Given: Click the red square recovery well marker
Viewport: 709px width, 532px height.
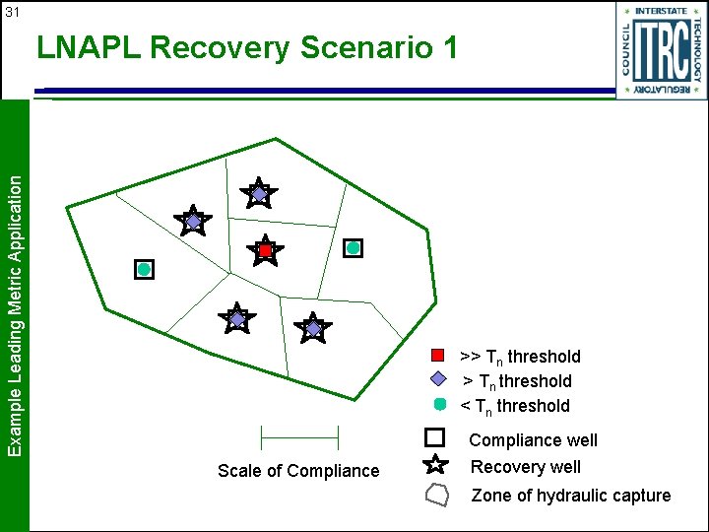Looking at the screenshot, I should (x=265, y=251).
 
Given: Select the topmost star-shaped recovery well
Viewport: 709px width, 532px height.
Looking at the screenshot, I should (x=258, y=194).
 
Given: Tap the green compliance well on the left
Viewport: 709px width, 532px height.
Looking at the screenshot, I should (x=144, y=269).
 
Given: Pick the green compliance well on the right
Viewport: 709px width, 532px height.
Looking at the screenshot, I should (x=353, y=248).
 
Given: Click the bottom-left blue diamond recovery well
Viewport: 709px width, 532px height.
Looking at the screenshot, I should (x=236, y=319).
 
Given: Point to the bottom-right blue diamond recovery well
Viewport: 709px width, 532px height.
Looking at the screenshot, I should (x=313, y=328).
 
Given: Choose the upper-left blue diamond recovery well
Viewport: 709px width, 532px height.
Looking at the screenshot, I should (x=193, y=222).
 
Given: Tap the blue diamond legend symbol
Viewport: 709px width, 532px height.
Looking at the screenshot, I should (x=439, y=379).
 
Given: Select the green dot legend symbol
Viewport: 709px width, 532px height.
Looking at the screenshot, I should (x=439, y=404).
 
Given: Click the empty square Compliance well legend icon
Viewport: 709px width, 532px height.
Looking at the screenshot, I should (x=436, y=437).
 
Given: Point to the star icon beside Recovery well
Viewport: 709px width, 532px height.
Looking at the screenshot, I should (x=436, y=465).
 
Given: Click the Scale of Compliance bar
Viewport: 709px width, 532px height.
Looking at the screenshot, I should (x=298, y=435).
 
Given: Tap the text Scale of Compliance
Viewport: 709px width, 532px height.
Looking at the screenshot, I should (x=298, y=471).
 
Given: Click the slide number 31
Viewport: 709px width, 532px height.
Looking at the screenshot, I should (x=13, y=13).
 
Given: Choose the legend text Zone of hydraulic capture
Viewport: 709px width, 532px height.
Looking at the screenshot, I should (x=570, y=496).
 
